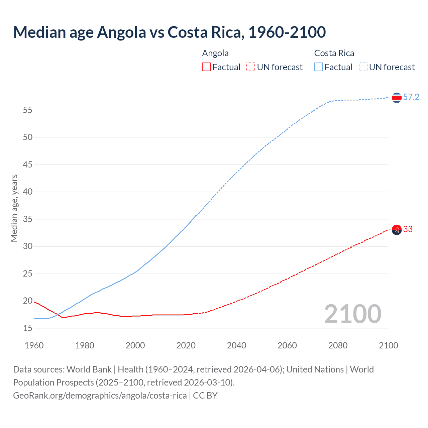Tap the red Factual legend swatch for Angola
coord(206,67)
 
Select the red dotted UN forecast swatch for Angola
coord(251,67)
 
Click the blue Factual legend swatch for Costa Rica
coord(318,67)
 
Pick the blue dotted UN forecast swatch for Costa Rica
coord(363,67)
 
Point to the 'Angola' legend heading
coord(215,53)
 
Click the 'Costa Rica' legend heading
coord(334,53)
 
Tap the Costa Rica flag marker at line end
coord(397,98)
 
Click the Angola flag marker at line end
coord(397,230)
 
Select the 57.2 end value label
coord(411,97)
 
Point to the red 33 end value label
coord(408,229)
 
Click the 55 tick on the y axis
coord(28,110)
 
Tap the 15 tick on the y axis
coord(28,328)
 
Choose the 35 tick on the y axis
coord(28,219)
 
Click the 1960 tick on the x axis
coord(34,345)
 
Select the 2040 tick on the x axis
coord(236,345)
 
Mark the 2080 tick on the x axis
coord(338,345)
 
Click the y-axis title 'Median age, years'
coord(14,208)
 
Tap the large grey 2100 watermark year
coord(352,314)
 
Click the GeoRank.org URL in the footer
coord(100,396)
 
